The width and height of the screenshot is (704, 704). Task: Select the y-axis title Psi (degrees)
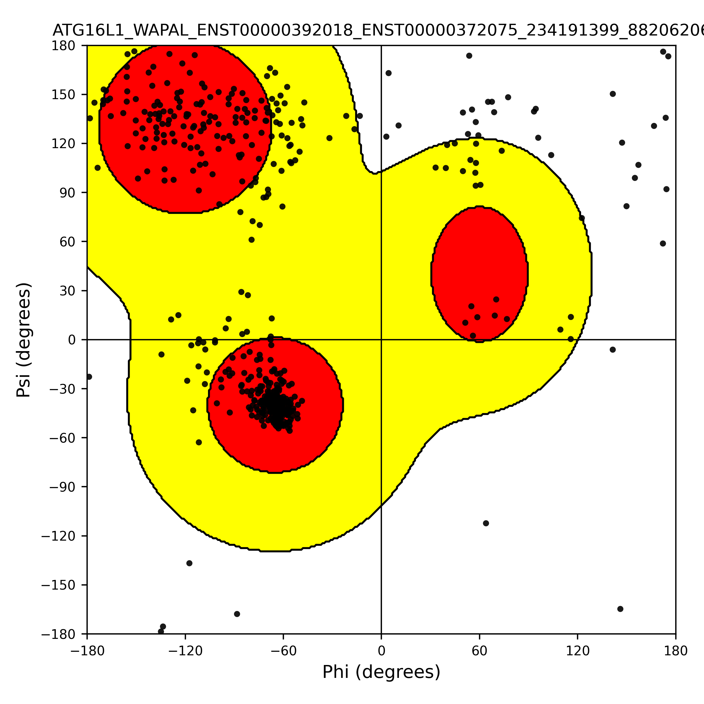pyautogui.click(x=24, y=340)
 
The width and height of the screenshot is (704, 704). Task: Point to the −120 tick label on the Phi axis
pyautogui.click(x=185, y=651)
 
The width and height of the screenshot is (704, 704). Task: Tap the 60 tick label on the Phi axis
pyautogui.click(x=480, y=651)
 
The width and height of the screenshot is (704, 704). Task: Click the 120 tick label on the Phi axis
pyautogui.click(x=578, y=651)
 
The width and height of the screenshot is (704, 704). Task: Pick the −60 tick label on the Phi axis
pyautogui.click(x=283, y=651)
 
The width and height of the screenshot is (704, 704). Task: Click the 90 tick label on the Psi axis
pyautogui.click(x=67, y=193)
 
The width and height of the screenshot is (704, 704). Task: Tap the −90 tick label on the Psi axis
pyautogui.click(x=63, y=487)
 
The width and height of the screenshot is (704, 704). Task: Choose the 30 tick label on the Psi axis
pyautogui.click(x=67, y=291)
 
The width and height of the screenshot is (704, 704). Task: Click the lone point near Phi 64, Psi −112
pyautogui.click(x=486, y=523)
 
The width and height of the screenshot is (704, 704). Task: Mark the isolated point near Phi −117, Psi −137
pyautogui.click(x=189, y=563)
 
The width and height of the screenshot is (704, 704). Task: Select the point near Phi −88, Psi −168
pyautogui.click(x=237, y=614)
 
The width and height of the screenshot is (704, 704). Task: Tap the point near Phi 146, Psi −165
pyautogui.click(x=620, y=609)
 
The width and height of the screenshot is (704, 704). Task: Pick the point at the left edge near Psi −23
pyautogui.click(x=89, y=377)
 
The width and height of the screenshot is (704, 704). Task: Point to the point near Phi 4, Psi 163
pyautogui.click(x=388, y=73)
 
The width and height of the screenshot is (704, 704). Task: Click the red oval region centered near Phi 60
pyautogui.click(x=480, y=274)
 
